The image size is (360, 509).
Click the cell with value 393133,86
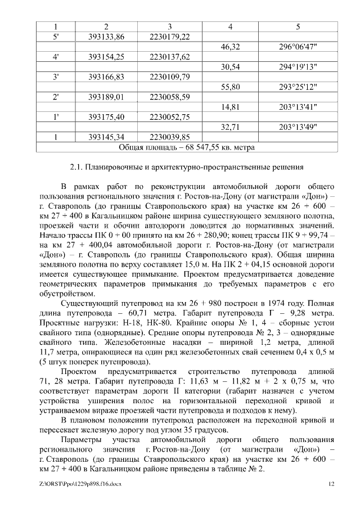point(106,37)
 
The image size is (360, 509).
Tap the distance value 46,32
point(231,47)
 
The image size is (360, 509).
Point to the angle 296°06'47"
point(298,47)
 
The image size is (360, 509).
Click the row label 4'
point(56,57)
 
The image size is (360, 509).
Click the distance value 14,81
point(231,107)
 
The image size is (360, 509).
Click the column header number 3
point(170,26)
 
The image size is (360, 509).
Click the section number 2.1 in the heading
point(76,166)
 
